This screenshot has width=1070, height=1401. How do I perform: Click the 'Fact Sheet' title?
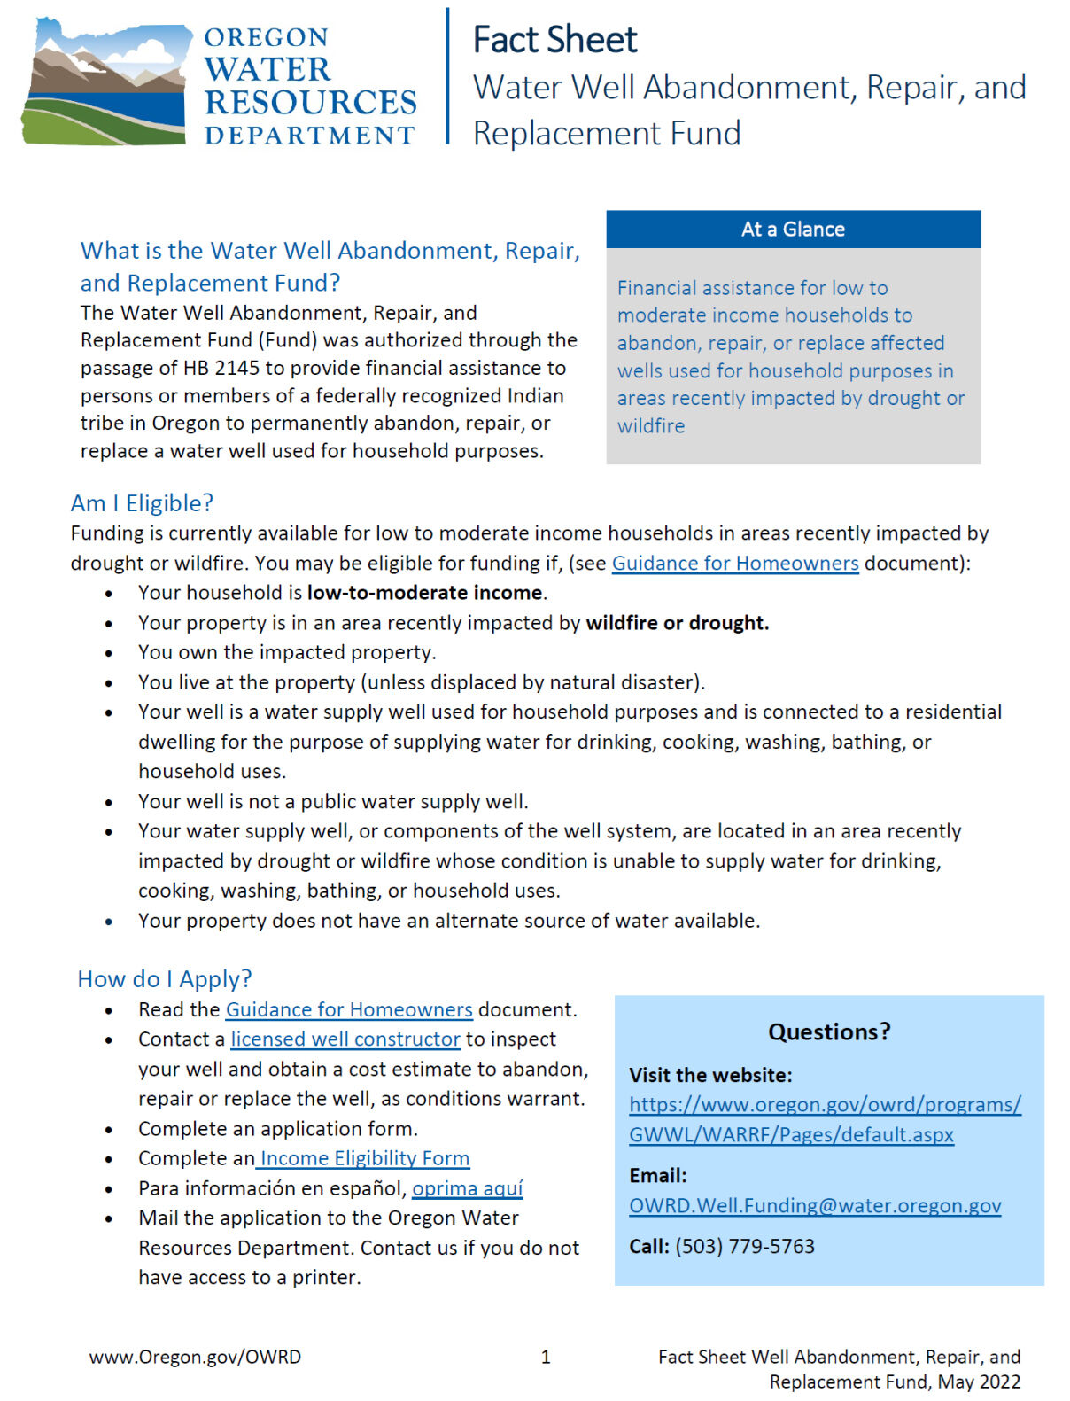click(x=554, y=40)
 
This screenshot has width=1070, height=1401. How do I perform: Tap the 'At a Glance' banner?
click(x=793, y=230)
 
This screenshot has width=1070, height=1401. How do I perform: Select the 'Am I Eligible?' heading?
click(x=142, y=503)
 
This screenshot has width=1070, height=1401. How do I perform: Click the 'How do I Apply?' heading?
click(x=165, y=979)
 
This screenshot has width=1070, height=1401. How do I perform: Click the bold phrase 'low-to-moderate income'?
click(x=424, y=593)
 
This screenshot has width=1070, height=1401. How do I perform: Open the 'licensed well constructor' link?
click(x=345, y=1039)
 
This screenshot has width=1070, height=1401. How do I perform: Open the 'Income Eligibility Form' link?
click(x=364, y=1158)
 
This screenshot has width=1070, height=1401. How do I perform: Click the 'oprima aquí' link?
click(x=468, y=1188)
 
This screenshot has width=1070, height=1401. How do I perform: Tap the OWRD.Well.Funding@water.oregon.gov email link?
click(x=815, y=1206)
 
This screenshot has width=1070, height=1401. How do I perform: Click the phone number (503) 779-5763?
click(x=745, y=1247)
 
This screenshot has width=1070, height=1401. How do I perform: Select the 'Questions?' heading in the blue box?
click(x=829, y=1032)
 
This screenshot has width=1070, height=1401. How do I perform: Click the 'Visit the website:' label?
click(x=710, y=1076)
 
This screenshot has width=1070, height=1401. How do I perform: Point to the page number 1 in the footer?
click(x=546, y=1357)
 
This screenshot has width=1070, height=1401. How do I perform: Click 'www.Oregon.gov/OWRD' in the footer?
click(x=195, y=1357)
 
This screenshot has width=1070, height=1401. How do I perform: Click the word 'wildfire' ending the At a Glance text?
click(x=651, y=426)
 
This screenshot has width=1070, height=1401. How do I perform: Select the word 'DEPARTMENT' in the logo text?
click(x=309, y=136)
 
